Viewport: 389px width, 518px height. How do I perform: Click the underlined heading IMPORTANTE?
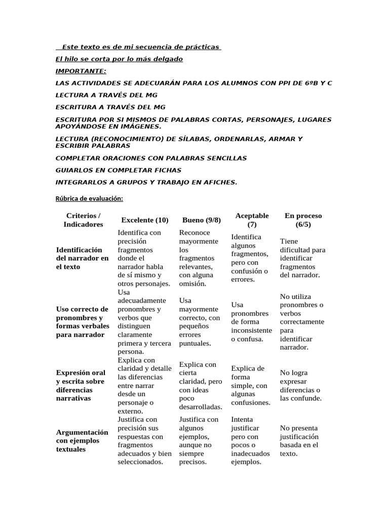81,71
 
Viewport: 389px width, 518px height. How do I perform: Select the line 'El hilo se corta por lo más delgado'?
119,59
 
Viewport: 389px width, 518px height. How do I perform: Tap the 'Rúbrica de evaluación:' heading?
89,198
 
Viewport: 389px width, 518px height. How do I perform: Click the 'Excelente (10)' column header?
145,220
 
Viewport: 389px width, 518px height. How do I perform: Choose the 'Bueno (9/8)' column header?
202,220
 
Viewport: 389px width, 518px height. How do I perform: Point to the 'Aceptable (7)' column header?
252,220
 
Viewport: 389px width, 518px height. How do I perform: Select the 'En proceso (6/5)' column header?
303,220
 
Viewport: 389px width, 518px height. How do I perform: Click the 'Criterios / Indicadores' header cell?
83,220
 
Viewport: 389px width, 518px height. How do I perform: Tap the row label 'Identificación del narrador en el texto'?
82,258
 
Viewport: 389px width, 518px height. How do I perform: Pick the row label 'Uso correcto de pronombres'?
82,322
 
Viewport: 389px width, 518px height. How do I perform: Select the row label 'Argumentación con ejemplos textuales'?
82,441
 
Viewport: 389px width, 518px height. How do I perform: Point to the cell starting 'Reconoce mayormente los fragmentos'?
199,258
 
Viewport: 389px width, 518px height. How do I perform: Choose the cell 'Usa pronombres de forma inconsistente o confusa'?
251,322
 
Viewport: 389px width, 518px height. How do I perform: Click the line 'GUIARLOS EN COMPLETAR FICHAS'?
118,170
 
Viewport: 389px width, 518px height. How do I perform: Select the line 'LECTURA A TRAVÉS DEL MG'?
106,95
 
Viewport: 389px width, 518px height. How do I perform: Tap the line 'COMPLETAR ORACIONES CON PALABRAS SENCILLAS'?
151,158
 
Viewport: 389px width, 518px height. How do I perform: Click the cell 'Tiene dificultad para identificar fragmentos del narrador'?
302,258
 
